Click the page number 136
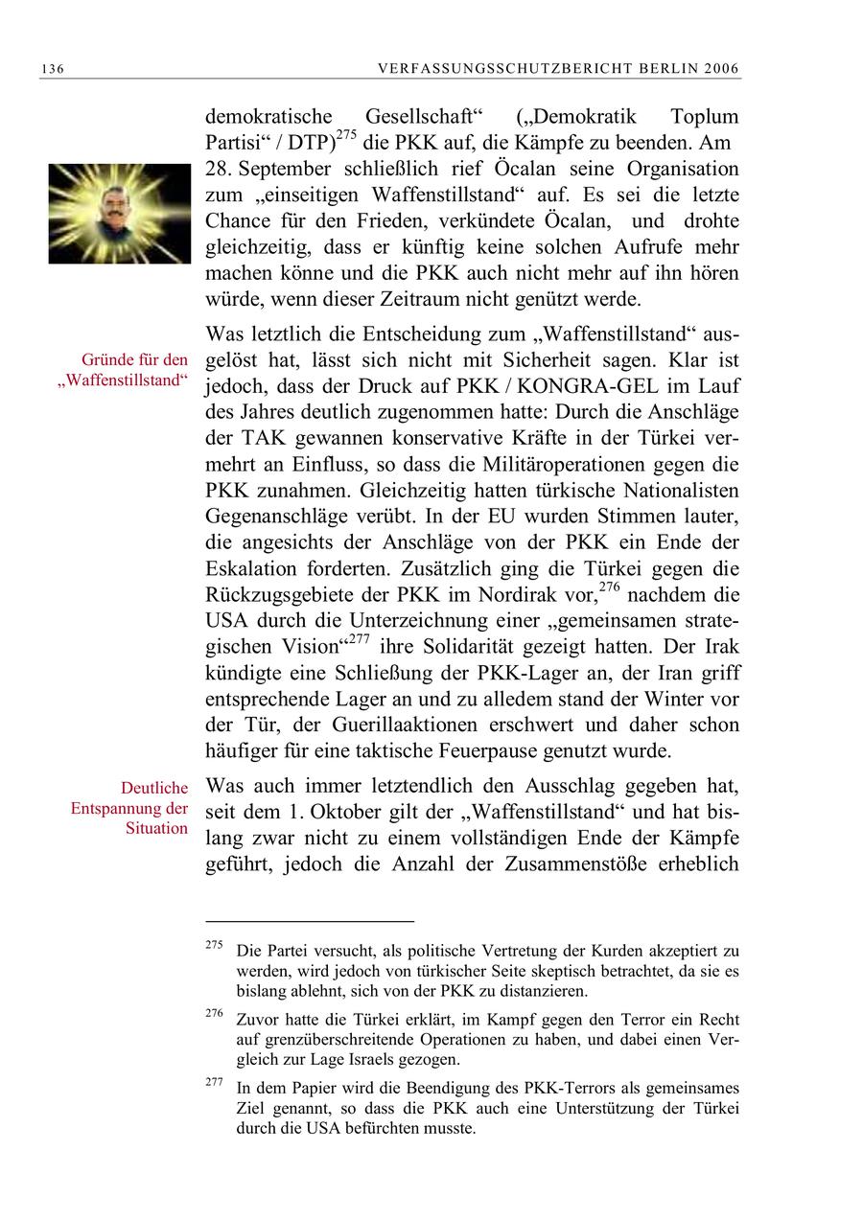pos(52,69)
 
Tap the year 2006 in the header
pos(721,69)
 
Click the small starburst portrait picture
pos(119,213)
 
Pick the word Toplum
pos(705,118)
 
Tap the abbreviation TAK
pos(262,439)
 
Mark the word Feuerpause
pos(560,749)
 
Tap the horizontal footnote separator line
pos(310,920)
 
